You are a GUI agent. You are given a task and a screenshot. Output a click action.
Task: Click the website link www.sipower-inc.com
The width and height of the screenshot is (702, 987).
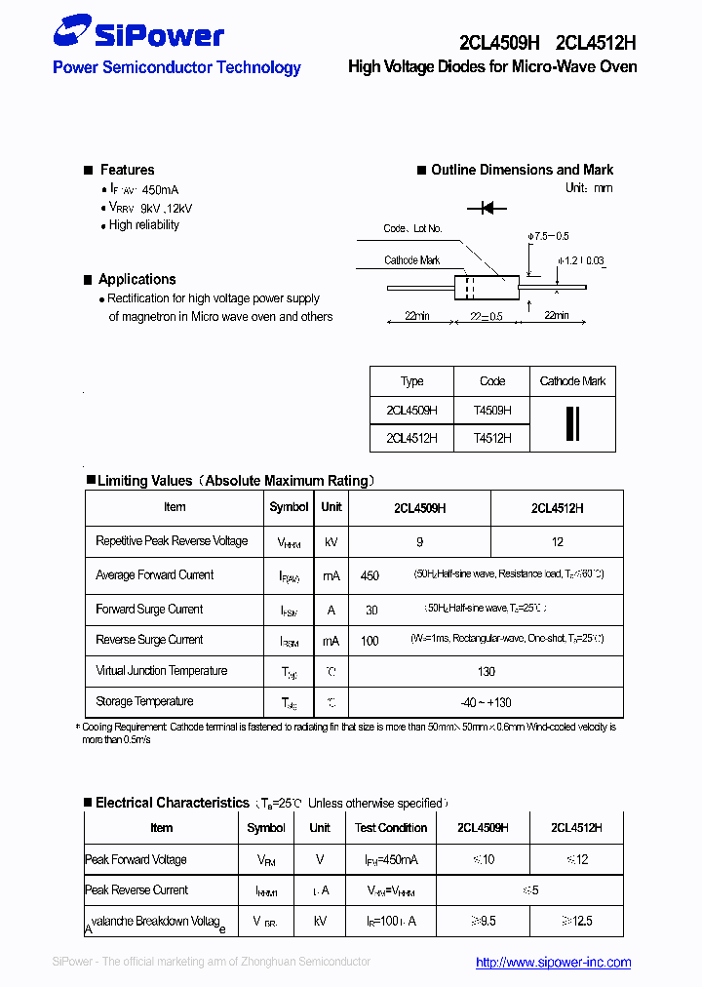tap(553, 962)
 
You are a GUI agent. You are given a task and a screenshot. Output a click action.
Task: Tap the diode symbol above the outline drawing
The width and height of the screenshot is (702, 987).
tap(487, 208)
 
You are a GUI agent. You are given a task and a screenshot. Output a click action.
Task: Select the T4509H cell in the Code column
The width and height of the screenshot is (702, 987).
tap(492, 411)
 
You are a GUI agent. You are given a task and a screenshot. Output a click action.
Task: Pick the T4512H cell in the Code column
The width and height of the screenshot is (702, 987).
tap(492, 439)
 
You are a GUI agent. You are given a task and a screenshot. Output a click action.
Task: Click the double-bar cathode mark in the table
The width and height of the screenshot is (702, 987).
tap(572, 424)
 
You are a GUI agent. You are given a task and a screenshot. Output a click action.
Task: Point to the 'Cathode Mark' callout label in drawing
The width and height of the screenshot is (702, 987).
tap(411, 260)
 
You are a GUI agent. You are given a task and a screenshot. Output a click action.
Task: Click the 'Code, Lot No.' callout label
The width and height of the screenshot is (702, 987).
tap(412, 228)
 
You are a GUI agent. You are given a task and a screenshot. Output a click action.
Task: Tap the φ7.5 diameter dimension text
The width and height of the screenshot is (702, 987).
tap(548, 237)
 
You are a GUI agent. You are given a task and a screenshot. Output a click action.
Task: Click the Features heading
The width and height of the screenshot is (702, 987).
tap(127, 170)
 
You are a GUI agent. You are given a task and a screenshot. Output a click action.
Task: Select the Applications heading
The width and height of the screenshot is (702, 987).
tap(136, 279)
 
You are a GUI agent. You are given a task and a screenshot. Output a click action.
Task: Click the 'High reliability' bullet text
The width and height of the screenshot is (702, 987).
tap(144, 225)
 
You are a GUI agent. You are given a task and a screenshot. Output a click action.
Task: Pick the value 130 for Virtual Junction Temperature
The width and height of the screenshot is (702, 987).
tap(487, 671)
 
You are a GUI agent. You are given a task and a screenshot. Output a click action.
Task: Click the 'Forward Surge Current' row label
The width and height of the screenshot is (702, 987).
tap(149, 610)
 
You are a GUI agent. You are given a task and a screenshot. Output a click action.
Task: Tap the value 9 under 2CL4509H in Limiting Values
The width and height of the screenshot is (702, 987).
tap(419, 541)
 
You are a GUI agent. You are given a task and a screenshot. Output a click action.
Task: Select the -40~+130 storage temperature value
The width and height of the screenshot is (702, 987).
tap(487, 702)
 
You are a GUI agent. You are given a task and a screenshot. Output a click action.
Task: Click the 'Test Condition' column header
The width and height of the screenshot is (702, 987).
tap(391, 828)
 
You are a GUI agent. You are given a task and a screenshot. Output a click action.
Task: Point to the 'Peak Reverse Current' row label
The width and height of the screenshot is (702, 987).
tap(136, 890)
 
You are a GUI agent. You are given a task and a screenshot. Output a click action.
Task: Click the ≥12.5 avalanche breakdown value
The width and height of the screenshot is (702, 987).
tap(575, 921)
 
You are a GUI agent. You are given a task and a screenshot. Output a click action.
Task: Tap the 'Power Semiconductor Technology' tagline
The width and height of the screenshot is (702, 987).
tap(176, 68)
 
